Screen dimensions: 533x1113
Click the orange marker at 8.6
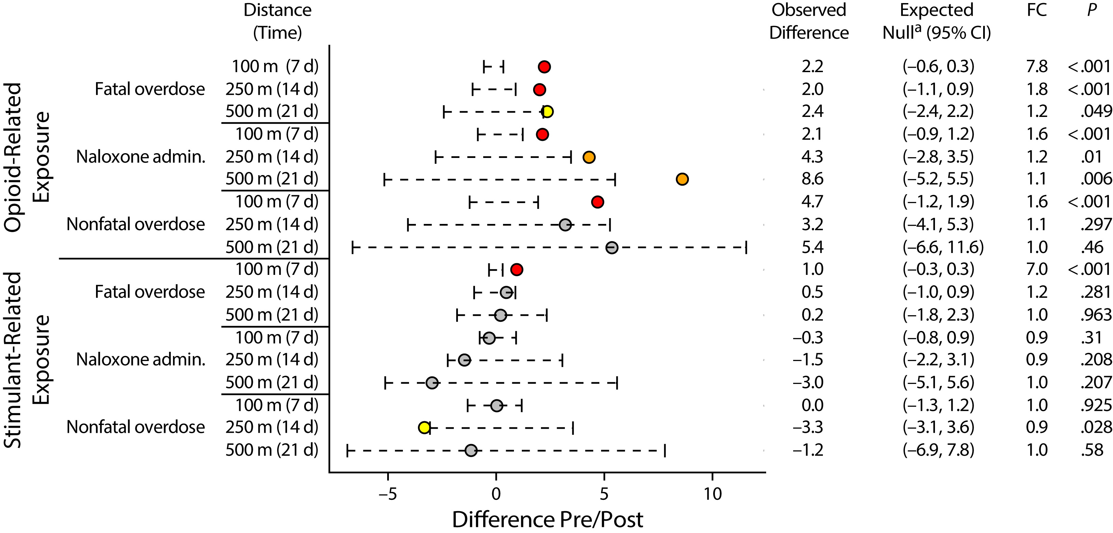click(x=682, y=179)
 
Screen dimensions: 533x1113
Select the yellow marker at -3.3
click(x=424, y=427)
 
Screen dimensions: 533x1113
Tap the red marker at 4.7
click(x=597, y=202)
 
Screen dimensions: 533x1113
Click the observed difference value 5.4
click(x=812, y=247)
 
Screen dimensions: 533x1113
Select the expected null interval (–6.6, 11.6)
click(x=943, y=247)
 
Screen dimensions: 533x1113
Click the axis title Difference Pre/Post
click(x=547, y=520)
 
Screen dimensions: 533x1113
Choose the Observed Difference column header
click(x=809, y=21)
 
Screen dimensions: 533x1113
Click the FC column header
click(x=1036, y=10)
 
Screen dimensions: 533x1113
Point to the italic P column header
click(x=1091, y=10)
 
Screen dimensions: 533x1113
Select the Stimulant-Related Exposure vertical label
click(x=27, y=360)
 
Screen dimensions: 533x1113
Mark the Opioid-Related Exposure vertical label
click(x=27, y=157)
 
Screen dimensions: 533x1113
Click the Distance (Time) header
click(x=277, y=21)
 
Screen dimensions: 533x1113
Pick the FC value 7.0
click(x=1036, y=269)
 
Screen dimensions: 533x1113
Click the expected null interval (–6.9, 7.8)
click(x=938, y=450)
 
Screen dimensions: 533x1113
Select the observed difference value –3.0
click(x=808, y=383)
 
